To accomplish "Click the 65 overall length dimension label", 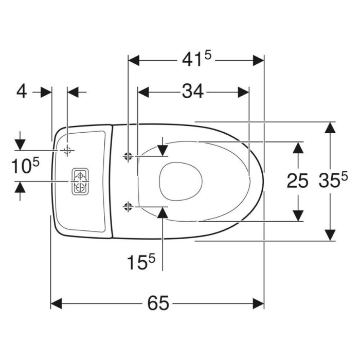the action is click(x=158, y=303).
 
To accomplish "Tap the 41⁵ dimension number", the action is click(x=196, y=59).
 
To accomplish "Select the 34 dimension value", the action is click(x=193, y=92).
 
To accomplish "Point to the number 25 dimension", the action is click(x=297, y=181).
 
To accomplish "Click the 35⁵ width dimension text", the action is click(x=333, y=179).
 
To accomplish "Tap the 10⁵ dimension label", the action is click(x=25, y=165).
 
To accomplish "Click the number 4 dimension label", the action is click(x=22, y=92).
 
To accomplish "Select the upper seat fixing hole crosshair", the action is click(x=128, y=156).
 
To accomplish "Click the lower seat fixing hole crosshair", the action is click(x=128, y=207).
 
